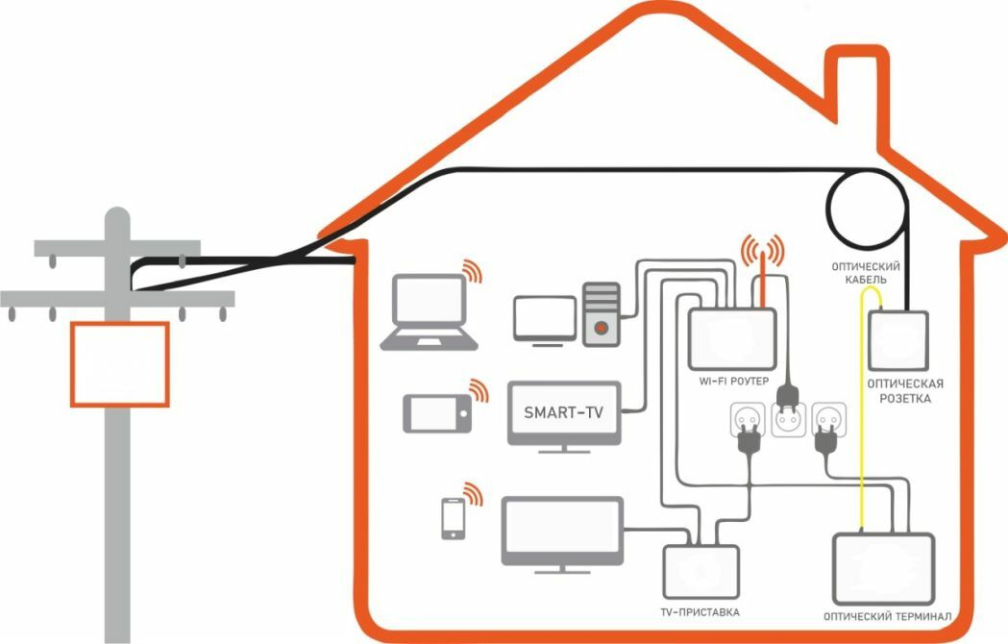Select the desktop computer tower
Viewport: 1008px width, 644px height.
click(x=602, y=313)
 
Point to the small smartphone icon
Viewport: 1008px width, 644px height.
click(x=452, y=519)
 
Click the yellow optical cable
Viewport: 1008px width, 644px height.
click(x=858, y=413)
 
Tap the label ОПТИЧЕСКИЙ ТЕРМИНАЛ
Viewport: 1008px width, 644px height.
click(x=887, y=615)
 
